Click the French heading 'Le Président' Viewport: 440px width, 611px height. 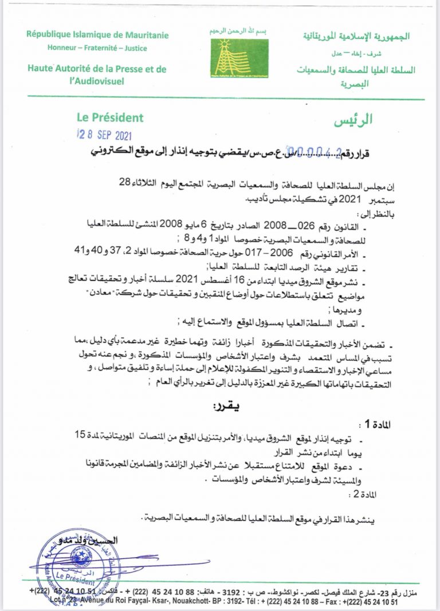click(110, 118)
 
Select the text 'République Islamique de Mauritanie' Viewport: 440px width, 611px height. click(97, 35)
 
